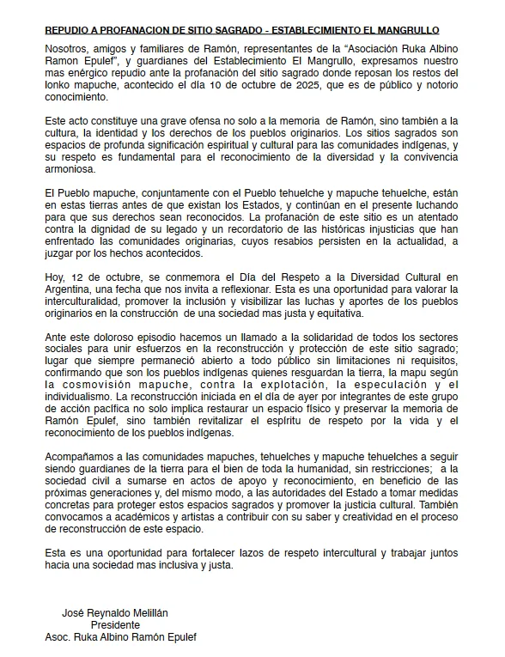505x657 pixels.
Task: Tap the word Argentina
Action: pyautogui.click(x=69, y=289)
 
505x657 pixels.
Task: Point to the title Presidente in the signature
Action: pyautogui.click(x=115, y=625)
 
